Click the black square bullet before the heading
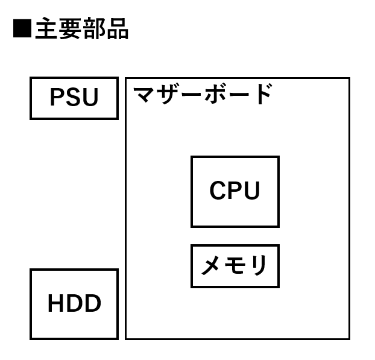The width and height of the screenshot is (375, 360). pos(22,29)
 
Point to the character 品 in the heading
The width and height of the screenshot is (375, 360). pos(117,29)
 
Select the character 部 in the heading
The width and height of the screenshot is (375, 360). pos(93,29)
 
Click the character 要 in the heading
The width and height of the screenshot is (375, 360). pos(70,29)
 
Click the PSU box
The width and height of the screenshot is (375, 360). pos(74,98)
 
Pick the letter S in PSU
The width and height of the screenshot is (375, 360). pos(74,98)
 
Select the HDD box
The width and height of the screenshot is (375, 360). pos(74,304)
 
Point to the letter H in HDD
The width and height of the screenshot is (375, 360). pos(56,304)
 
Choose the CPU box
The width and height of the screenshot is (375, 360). pos(235,191)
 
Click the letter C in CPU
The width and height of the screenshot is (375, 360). pos(218,191)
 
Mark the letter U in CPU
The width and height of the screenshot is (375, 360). pos(251,191)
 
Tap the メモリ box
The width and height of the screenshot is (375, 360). pos(235,266)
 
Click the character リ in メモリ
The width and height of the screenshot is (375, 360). pos(258,266)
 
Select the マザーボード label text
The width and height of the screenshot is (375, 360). pos(203,95)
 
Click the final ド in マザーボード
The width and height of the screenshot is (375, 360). pos(262,95)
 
